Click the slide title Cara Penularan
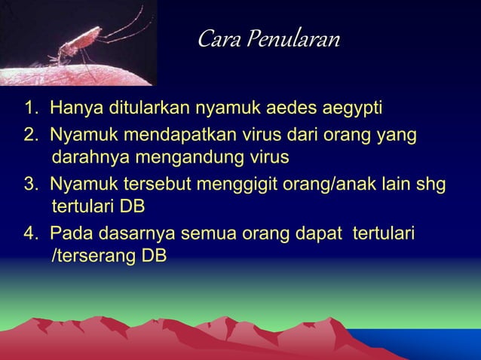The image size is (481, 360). [x=268, y=38]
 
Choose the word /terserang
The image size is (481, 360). [x=91, y=257]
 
